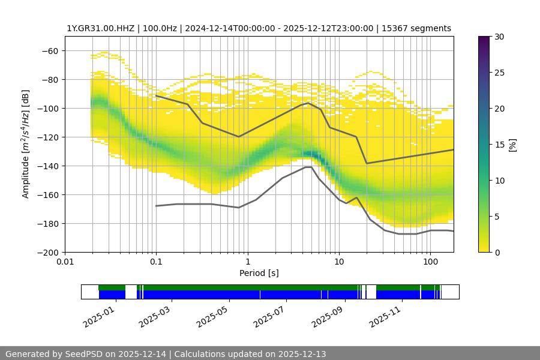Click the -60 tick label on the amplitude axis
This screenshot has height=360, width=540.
coord(49,51)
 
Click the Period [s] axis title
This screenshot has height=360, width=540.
coord(259,274)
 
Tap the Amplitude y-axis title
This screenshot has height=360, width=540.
coord(26,144)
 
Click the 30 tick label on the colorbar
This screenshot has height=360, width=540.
coord(499,37)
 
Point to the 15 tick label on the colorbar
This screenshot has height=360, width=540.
coord(499,145)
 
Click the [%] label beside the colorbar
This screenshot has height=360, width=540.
coord(512,144)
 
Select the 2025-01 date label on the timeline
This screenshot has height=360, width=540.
coord(96,315)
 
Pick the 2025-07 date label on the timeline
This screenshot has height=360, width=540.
coord(268,315)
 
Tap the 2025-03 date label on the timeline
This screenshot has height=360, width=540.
coord(154,315)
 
